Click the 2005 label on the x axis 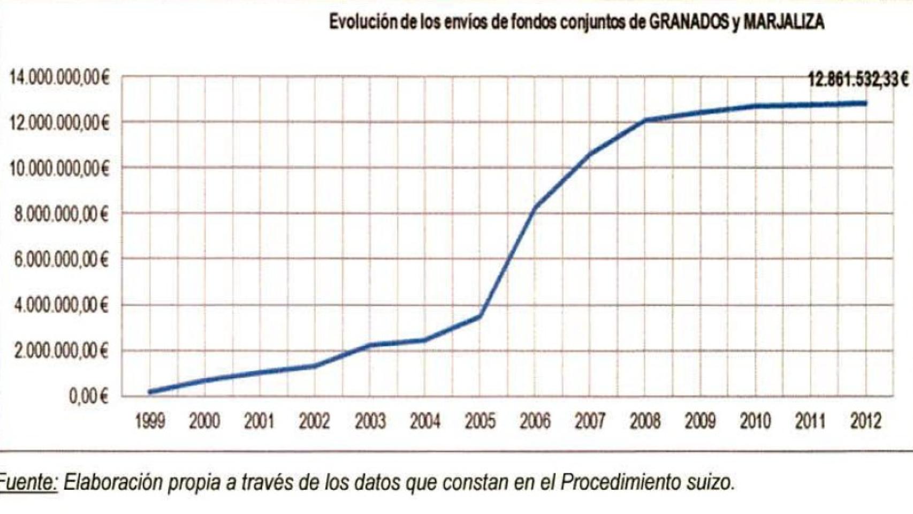[x=480, y=422]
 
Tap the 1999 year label [x=150, y=422]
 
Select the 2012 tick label [x=865, y=422]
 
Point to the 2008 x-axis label [x=645, y=422]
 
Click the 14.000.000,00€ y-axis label [x=59, y=78]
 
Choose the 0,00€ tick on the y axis [x=88, y=397]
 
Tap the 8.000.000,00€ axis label [x=61, y=215]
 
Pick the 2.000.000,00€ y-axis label [x=61, y=352]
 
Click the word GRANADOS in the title [x=689, y=22]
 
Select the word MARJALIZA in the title [x=783, y=22]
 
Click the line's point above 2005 [x=480, y=316]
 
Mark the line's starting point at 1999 [x=150, y=392]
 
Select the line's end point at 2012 [x=865, y=103]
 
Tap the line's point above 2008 [x=645, y=120]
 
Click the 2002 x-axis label [x=314, y=422]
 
